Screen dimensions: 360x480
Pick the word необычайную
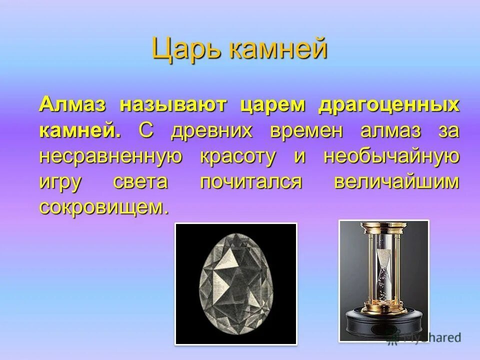point(391,156)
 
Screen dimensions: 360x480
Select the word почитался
point(251,182)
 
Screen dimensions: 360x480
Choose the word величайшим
point(395,182)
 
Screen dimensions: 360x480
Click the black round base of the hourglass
point(384,327)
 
